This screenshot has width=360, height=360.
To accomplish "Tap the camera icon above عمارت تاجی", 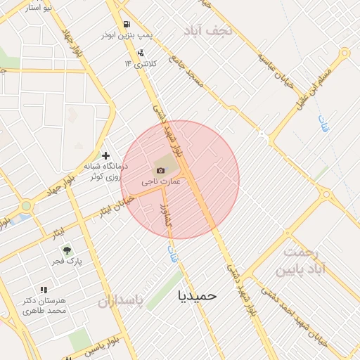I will [x=160, y=170].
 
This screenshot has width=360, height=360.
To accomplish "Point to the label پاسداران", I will [x=120, y=302].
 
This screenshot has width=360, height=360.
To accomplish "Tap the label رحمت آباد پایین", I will [x=306, y=261].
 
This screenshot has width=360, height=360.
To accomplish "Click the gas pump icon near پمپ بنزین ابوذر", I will [x=127, y=23].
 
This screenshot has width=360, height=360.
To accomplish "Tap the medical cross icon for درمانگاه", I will [x=105, y=155].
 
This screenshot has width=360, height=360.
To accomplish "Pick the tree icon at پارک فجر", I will [x=67, y=250].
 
